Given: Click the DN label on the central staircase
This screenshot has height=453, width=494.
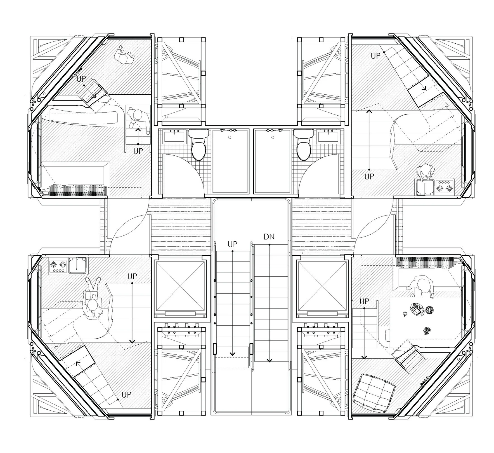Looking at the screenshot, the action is (269, 237).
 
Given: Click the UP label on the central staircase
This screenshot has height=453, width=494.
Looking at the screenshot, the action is (232, 244).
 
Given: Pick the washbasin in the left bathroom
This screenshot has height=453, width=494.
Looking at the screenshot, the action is (174, 136).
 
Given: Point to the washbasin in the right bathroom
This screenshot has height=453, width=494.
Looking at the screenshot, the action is (328, 136).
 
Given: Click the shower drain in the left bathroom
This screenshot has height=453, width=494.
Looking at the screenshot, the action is (230, 137).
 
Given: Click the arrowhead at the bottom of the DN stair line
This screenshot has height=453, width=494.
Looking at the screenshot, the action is (270, 360).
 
